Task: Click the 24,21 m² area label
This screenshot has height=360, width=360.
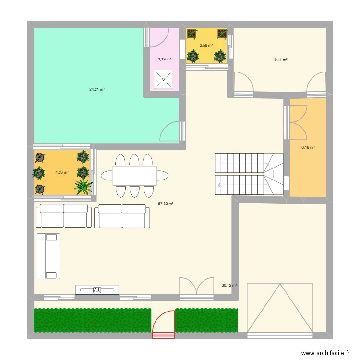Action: click(96, 89)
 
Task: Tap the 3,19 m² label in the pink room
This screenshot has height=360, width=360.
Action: click(164, 60)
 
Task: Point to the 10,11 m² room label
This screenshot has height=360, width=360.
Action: click(280, 60)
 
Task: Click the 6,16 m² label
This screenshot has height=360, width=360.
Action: click(308, 148)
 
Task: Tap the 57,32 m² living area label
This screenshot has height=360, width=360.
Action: click(166, 204)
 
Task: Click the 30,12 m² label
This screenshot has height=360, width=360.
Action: click(228, 285)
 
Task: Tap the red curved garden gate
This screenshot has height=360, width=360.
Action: click(164, 325)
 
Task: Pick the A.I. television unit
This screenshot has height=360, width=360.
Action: click(97, 290)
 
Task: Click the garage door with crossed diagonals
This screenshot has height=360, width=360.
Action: click(280, 308)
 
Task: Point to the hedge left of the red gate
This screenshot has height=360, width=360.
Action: click(92, 320)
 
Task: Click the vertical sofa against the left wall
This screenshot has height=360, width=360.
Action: click(48, 256)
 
